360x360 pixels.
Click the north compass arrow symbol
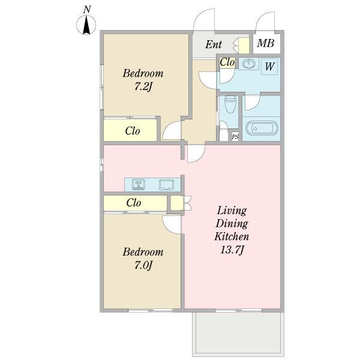(86, 25)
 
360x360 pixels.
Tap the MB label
(266, 43)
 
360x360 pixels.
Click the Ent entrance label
(214, 44)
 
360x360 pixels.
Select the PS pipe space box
(235, 137)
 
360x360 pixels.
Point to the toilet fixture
(230, 104)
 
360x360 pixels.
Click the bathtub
(262, 128)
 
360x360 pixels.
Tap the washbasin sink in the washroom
(248, 64)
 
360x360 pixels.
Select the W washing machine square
(269, 67)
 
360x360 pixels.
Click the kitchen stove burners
(139, 184)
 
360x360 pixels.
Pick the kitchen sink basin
(166, 185)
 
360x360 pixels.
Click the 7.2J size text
(143, 87)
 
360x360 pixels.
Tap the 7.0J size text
(143, 266)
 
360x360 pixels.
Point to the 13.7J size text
(232, 250)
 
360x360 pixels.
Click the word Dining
(232, 224)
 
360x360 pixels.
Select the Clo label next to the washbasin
(227, 62)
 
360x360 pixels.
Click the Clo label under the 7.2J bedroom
(133, 131)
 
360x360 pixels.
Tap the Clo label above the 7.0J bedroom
(134, 203)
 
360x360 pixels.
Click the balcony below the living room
(238, 334)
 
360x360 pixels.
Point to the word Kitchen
(232, 236)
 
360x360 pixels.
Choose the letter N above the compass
(87, 10)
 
